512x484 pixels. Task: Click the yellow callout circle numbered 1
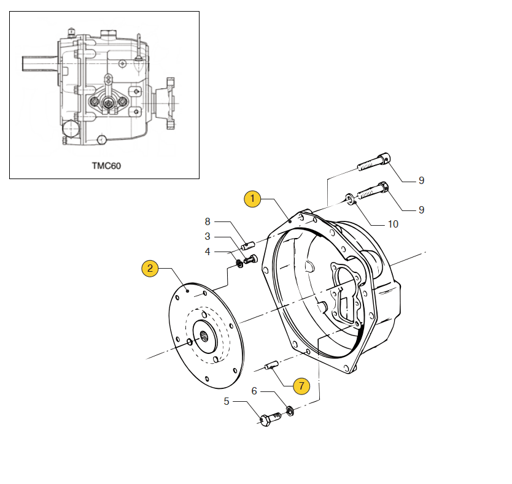[253, 199]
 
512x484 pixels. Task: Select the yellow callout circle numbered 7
[300, 386]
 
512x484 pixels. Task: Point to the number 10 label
[393, 224]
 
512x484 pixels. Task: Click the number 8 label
[208, 221]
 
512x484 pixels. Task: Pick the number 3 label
[208, 236]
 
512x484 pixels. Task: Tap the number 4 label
[208, 252]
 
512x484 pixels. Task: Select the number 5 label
[227, 401]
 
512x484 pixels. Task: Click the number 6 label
[254, 391]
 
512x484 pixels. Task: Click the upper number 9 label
[422, 180]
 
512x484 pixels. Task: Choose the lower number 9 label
[422, 210]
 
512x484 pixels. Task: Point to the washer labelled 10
[349, 198]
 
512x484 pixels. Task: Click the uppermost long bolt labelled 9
[372, 162]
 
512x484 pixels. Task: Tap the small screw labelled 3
[249, 260]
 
